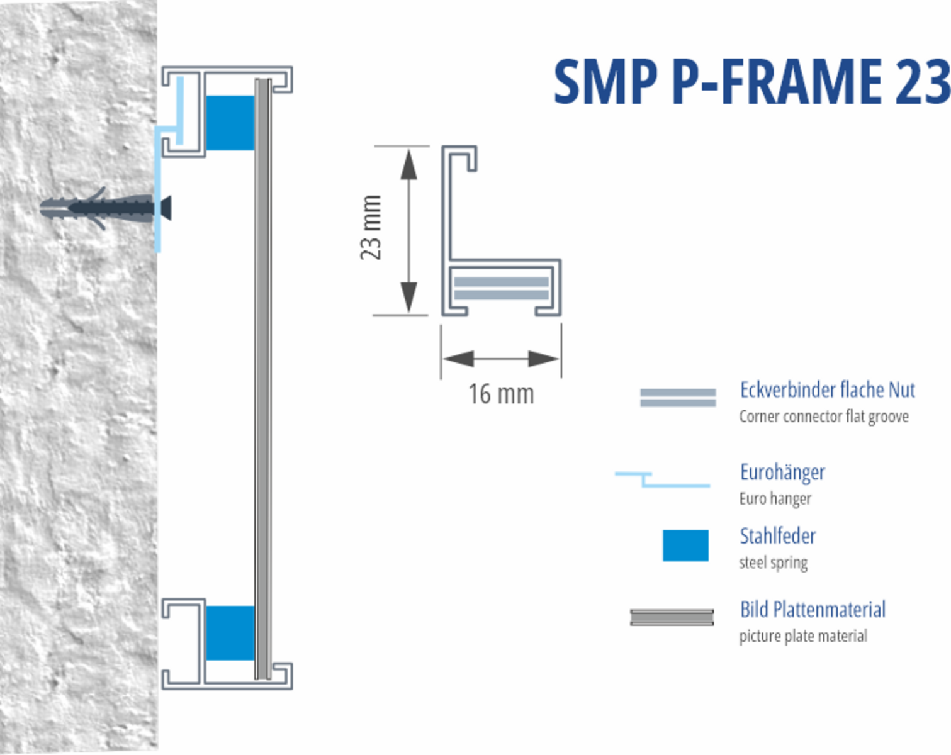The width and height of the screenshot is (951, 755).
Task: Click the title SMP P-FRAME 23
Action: click(751, 82)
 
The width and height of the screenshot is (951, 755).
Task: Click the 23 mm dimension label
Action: click(371, 227)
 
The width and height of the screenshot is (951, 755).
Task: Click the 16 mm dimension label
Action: click(501, 394)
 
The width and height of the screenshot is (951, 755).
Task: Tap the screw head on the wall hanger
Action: click(166, 208)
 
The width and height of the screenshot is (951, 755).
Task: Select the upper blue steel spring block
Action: click(230, 123)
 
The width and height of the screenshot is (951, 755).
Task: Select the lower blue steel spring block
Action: click(230, 632)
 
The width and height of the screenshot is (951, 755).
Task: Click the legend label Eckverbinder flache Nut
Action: click(827, 390)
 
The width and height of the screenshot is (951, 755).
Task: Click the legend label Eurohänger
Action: click(782, 472)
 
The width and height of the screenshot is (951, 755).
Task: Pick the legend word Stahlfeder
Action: click(777, 536)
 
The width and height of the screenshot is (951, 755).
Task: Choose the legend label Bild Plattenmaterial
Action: click(813, 609)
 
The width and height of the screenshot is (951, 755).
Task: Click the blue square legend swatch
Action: click(685, 545)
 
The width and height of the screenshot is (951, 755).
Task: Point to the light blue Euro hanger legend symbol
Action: click(663, 479)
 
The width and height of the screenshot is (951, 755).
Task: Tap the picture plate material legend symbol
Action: click(672, 617)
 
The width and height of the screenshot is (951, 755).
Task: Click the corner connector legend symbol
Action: click(678, 398)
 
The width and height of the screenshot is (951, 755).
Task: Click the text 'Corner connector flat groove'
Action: click(824, 417)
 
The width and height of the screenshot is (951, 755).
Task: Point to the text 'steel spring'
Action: click(773, 562)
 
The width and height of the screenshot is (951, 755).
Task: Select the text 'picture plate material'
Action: click(803, 636)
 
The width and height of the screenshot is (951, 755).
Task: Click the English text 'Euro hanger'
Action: click(775, 499)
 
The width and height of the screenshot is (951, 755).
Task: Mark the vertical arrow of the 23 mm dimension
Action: click(409, 230)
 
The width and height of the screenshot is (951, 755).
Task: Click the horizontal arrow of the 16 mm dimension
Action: click(501, 359)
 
